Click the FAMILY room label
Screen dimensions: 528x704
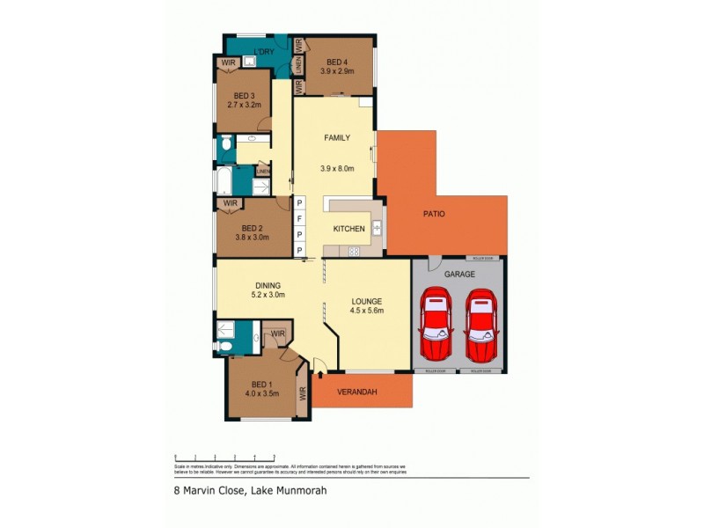(337, 137)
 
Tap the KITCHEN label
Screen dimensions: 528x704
(348, 229)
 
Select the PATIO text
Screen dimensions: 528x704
(433, 213)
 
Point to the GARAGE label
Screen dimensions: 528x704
(458, 274)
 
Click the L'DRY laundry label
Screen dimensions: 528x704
(264, 51)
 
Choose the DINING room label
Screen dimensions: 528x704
(268, 285)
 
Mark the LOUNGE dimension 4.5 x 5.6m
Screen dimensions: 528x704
(367, 310)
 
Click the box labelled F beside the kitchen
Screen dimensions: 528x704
(299, 218)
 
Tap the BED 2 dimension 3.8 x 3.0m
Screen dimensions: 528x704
(253, 236)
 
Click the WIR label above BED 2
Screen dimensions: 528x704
(231, 204)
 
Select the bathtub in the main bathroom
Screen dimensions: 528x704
(224, 181)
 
